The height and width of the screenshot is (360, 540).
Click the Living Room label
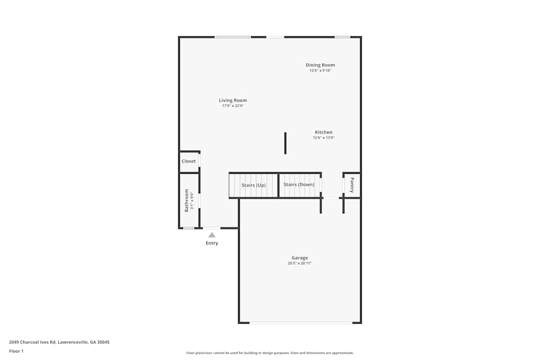click(233, 100)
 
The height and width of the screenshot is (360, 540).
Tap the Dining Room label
click(320, 65)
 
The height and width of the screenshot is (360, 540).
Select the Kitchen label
click(323, 132)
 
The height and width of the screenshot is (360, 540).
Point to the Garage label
click(300, 258)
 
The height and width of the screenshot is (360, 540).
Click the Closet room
click(189, 161)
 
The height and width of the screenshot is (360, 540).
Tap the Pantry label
click(352, 185)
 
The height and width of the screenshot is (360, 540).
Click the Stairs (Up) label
click(254, 185)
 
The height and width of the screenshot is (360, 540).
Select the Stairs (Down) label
click(299, 185)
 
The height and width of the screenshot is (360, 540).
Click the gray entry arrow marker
click(212, 235)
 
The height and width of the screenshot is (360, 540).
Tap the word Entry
click(212, 243)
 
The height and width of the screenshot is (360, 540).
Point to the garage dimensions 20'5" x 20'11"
click(300, 263)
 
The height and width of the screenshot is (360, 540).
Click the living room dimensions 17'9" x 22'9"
click(233, 106)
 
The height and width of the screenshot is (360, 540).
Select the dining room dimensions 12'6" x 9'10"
click(320, 71)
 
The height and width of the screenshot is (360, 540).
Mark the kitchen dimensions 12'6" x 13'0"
click(323, 138)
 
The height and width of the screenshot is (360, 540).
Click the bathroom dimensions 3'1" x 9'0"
click(192, 200)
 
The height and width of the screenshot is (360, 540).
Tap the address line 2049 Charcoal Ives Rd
click(59, 342)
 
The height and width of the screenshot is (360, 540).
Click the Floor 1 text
click(16, 351)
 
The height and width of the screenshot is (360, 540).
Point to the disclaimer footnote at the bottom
click(269, 353)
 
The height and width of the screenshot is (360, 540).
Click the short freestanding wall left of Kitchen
click(285, 143)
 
